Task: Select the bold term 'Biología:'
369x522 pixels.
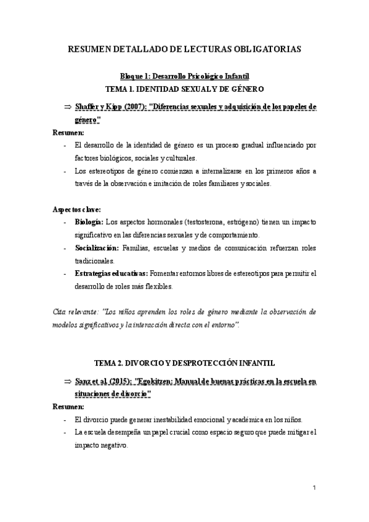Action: tap(89, 221)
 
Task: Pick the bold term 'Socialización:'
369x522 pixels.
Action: tap(97, 248)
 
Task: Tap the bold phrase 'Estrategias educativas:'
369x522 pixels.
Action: tap(111, 273)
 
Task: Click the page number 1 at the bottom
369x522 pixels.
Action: tap(314, 488)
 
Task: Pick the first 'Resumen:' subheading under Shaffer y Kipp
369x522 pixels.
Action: tap(68, 133)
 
